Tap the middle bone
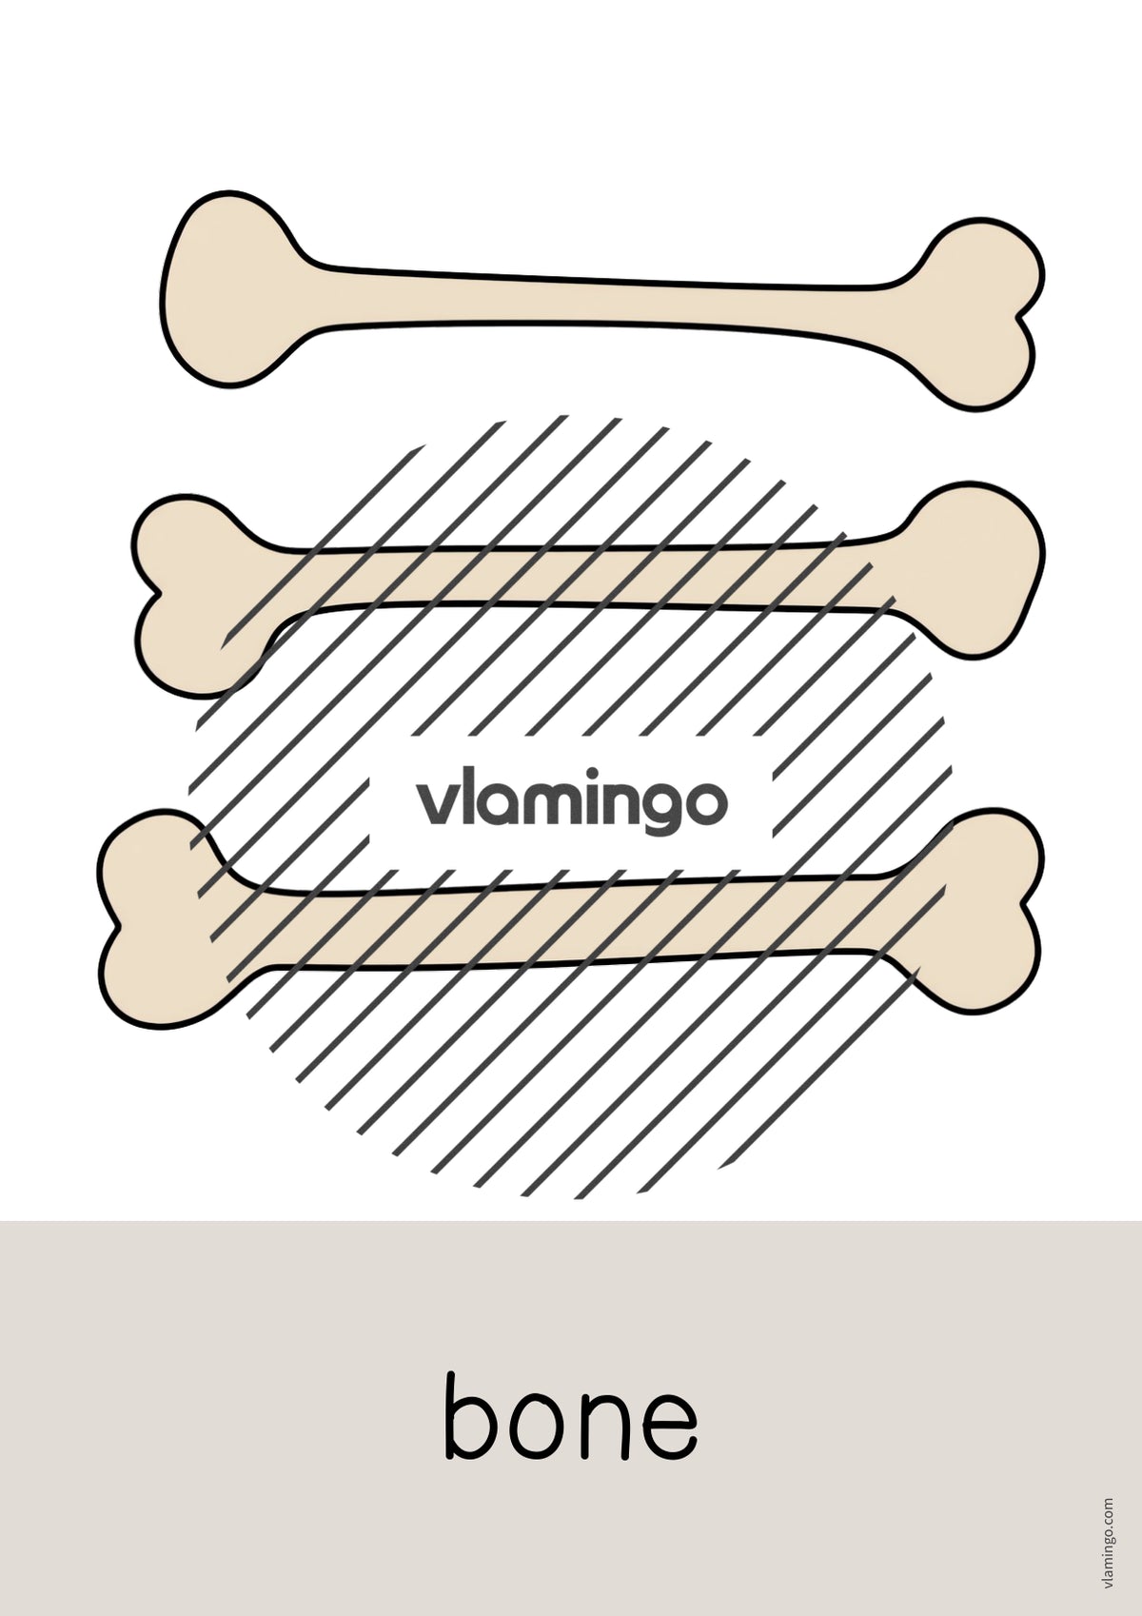point(588,577)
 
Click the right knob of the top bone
point(985,314)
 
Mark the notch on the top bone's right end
point(1018,318)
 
